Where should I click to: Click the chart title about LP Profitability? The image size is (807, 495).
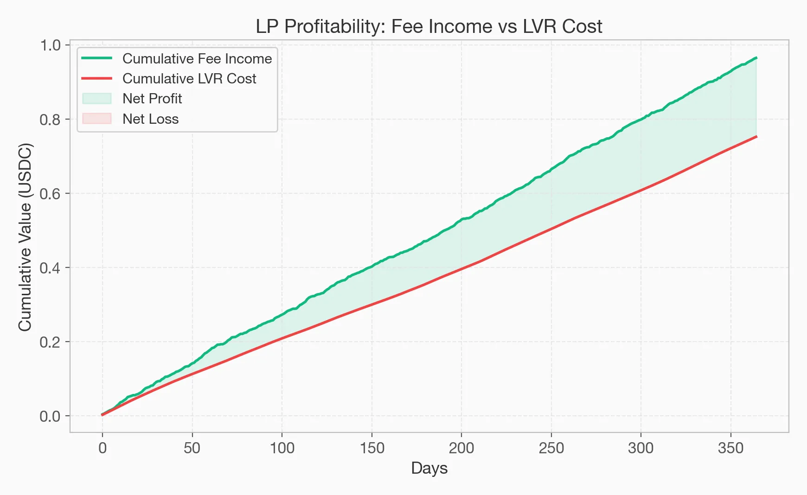click(429, 26)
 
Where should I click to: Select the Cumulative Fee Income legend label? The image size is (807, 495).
click(197, 59)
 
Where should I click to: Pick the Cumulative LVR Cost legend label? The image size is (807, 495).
click(189, 79)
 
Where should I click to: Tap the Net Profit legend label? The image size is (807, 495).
click(152, 99)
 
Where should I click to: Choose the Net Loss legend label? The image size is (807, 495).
click(150, 119)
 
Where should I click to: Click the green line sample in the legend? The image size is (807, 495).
click(97, 58)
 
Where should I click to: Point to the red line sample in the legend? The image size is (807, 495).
click(97, 79)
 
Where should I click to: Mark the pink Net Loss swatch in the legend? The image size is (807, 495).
click(97, 119)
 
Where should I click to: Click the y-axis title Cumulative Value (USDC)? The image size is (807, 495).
click(26, 237)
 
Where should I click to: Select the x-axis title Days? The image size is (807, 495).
click(429, 468)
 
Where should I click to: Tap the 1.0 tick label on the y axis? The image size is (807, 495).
click(50, 45)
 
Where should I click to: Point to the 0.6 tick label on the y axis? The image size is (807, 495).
click(50, 194)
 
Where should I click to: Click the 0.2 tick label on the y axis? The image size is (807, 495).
click(50, 342)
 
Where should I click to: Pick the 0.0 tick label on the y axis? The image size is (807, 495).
click(50, 416)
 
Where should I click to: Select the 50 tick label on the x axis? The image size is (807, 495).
click(192, 448)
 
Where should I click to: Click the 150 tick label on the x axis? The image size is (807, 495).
click(371, 448)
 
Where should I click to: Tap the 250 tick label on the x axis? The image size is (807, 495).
click(551, 448)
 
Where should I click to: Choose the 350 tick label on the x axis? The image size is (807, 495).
click(730, 448)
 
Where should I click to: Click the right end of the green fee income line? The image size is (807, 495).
click(756, 58)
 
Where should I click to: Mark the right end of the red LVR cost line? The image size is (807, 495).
click(756, 137)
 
